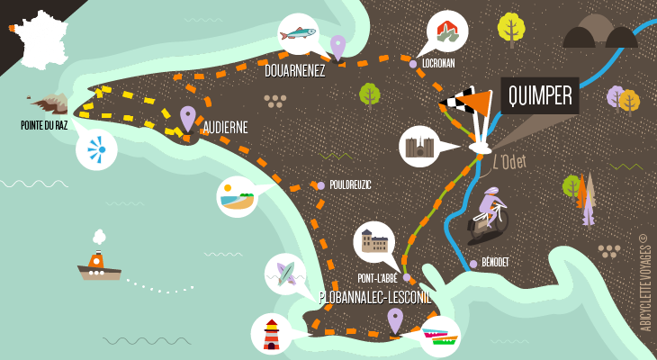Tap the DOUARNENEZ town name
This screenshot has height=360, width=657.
pyautogui.click(x=295, y=70)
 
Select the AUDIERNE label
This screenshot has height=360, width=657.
pyautogui.click(x=225, y=128)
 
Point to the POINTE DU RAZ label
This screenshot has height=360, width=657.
pyautogui.click(x=44, y=125)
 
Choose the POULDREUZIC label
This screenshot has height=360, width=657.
pyautogui.click(x=350, y=184)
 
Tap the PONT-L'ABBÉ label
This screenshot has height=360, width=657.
pyautogui.click(x=377, y=278)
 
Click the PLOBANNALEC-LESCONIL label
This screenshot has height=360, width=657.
pyautogui.click(x=374, y=297)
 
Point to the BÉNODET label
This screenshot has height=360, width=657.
pyautogui.click(x=495, y=262)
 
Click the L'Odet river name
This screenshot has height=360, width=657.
pyautogui.click(x=509, y=162)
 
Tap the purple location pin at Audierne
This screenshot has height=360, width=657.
pyautogui.click(x=187, y=117)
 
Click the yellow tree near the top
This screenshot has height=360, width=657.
pyautogui.click(x=511, y=27)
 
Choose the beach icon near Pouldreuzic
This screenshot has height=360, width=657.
pyautogui.click(x=238, y=196)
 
